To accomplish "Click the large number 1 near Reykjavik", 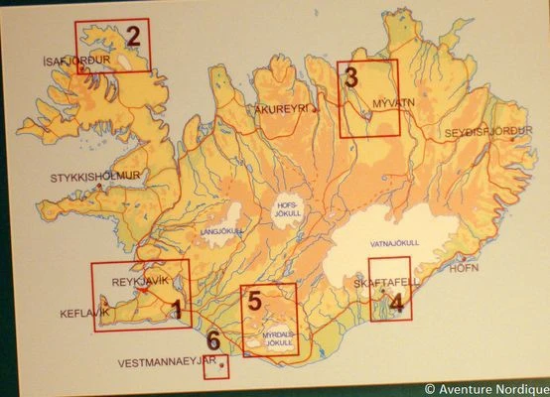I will pyautogui.click(x=177, y=311).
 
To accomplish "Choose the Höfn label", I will pyautogui.click(x=465, y=268).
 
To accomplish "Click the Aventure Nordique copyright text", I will pyautogui.click(x=485, y=389).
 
